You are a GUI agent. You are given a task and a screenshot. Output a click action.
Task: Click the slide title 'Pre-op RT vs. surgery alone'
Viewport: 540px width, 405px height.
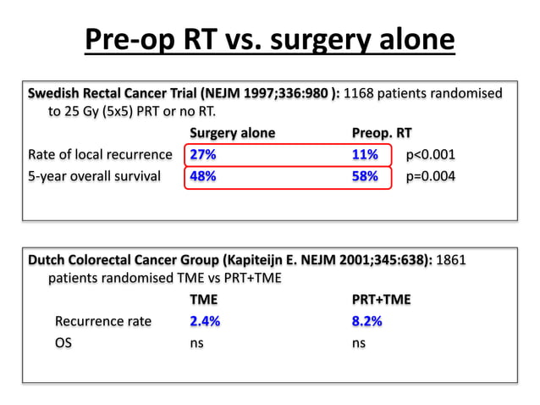click(269, 41)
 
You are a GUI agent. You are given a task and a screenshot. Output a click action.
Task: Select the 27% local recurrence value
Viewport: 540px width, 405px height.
click(202, 155)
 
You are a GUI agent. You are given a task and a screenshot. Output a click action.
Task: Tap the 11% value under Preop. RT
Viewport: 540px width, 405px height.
click(365, 155)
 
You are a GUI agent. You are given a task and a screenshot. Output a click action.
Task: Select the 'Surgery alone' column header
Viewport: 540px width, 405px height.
click(232, 133)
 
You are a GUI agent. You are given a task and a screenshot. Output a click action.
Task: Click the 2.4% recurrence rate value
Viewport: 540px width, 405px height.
click(206, 321)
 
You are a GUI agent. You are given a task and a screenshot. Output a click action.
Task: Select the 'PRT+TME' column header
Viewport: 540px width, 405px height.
click(381, 299)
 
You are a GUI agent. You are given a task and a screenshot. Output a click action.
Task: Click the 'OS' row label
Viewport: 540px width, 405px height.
click(63, 343)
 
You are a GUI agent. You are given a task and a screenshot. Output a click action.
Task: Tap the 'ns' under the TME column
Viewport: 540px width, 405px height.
click(196, 343)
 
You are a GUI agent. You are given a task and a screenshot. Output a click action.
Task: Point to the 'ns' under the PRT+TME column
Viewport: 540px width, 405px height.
click(359, 343)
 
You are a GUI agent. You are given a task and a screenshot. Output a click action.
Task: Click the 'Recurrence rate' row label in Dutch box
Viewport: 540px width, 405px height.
click(102, 321)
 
